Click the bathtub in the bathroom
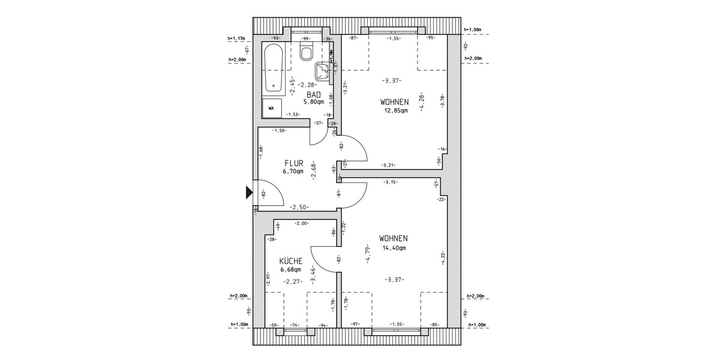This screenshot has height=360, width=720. click(274, 68)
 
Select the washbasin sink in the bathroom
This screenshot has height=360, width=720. click(325, 71)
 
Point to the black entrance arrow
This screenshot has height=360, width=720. click(249, 193)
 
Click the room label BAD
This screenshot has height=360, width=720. click(313, 95)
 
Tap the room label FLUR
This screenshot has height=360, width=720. click(293, 163)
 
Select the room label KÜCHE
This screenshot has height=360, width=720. click(290, 261)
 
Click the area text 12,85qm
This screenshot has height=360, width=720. click(396, 110)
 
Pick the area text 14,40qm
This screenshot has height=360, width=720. click(394, 247)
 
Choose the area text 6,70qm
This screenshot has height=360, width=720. click(293, 171)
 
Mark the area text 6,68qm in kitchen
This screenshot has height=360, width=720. click(290, 269)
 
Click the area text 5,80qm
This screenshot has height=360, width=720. click(313, 102)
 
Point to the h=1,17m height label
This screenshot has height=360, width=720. click(238, 39)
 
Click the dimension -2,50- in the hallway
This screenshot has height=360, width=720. click(299, 207)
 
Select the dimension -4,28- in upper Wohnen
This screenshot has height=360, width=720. click(423, 101)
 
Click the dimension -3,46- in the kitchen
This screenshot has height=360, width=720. click(313, 272)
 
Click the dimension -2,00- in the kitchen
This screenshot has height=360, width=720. click(302, 223)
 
